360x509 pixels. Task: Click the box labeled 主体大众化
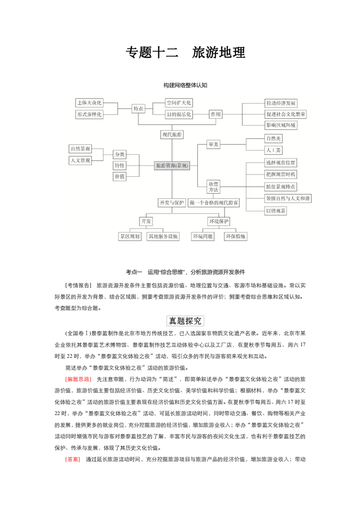[x=89, y=103]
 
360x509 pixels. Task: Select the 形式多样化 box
[x=89, y=115]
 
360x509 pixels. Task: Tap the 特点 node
[x=138, y=109]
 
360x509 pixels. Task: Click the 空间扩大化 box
[x=179, y=103]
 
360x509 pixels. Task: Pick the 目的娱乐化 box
[x=179, y=115]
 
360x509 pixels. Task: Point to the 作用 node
[x=216, y=115]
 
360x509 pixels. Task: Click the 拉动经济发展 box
[x=281, y=103]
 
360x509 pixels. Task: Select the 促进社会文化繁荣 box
[x=286, y=114]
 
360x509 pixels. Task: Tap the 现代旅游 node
[x=172, y=134]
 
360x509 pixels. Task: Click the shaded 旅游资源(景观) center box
[x=171, y=165]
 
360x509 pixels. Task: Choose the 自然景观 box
[x=80, y=149]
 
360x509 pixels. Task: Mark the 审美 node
[x=213, y=144]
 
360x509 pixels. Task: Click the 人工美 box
[x=273, y=150]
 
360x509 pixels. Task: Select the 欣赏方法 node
[x=213, y=187]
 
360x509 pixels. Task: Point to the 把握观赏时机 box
[x=281, y=174]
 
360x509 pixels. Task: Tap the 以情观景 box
[x=275, y=211]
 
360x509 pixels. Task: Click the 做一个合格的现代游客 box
[x=214, y=203]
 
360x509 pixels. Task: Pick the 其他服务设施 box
[x=162, y=236]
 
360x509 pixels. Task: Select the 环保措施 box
[x=236, y=236]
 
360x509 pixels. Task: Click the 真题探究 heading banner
[x=185, y=321]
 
